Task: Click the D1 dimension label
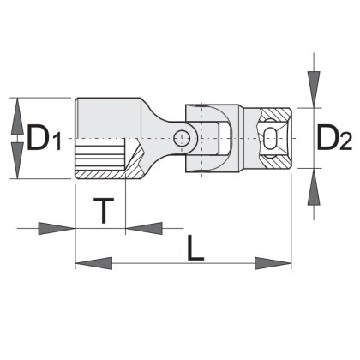[44, 138]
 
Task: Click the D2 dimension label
[334, 138]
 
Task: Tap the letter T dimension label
[104, 211]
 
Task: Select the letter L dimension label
[195, 248]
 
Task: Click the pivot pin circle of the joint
[182, 138]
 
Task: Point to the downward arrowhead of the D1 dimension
[17, 161]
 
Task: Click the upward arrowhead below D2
[314, 187]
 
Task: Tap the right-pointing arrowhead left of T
[57, 228]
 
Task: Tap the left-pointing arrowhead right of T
[144, 228]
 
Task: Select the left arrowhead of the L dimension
[93, 263]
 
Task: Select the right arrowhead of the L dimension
[273, 263]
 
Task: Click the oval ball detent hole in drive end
[269, 138]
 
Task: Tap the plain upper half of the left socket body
[108, 118]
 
